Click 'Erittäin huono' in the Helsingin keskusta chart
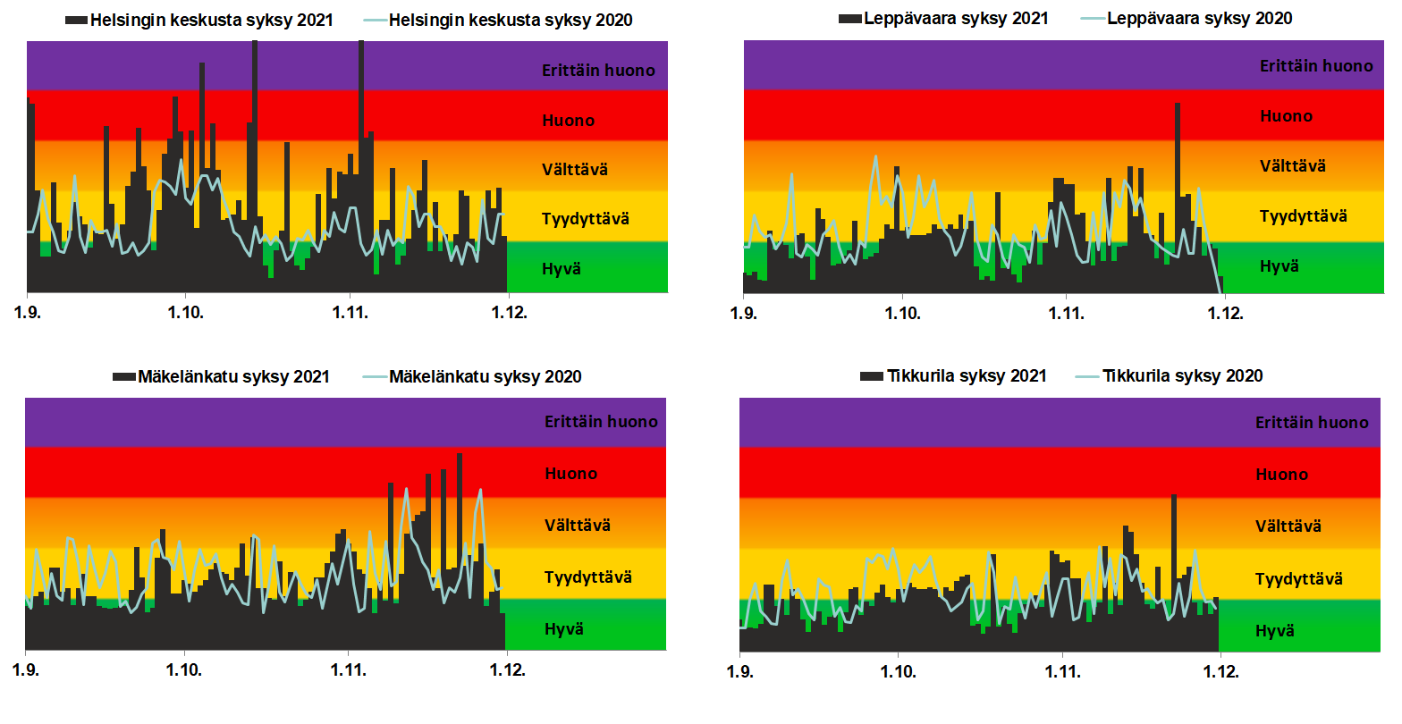tap(598, 71)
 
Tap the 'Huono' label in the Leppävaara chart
tap(1286, 116)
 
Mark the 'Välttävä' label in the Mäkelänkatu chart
tap(578, 526)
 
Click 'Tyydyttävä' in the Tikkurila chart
tap(1298, 579)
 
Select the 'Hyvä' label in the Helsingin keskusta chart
tap(562, 269)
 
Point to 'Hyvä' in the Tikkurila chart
tap(1274, 631)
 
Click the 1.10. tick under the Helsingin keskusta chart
tap(185, 313)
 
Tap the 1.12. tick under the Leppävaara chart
tap(1224, 314)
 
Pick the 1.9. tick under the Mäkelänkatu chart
tap(26, 670)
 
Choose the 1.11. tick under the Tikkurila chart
tap(1062, 671)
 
